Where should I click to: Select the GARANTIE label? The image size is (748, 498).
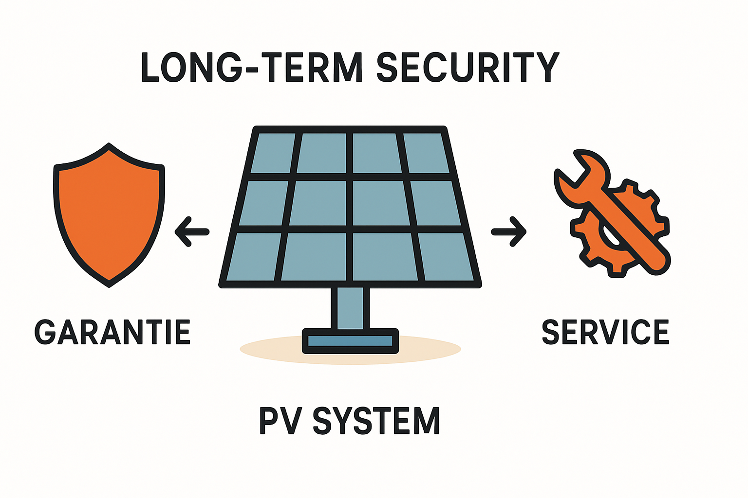(x=112, y=332)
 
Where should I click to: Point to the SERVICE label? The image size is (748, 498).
(x=605, y=332)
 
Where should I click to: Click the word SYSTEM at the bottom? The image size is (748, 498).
(x=376, y=421)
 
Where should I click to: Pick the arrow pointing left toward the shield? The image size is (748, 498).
(x=192, y=231)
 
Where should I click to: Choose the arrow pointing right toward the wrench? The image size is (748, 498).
(x=509, y=232)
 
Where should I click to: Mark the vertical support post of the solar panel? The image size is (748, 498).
(x=350, y=307)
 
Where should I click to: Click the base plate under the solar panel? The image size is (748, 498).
(x=350, y=341)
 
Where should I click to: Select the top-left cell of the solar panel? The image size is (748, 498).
(x=273, y=153)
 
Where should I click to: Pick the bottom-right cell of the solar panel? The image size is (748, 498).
(x=446, y=256)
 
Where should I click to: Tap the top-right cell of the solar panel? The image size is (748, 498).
(x=425, y=153)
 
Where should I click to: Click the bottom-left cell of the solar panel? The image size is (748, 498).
(x=253, y=256)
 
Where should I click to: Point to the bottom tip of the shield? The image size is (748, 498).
(x=109, y=284)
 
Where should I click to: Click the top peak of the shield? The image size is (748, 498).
(x=109, y=146)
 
